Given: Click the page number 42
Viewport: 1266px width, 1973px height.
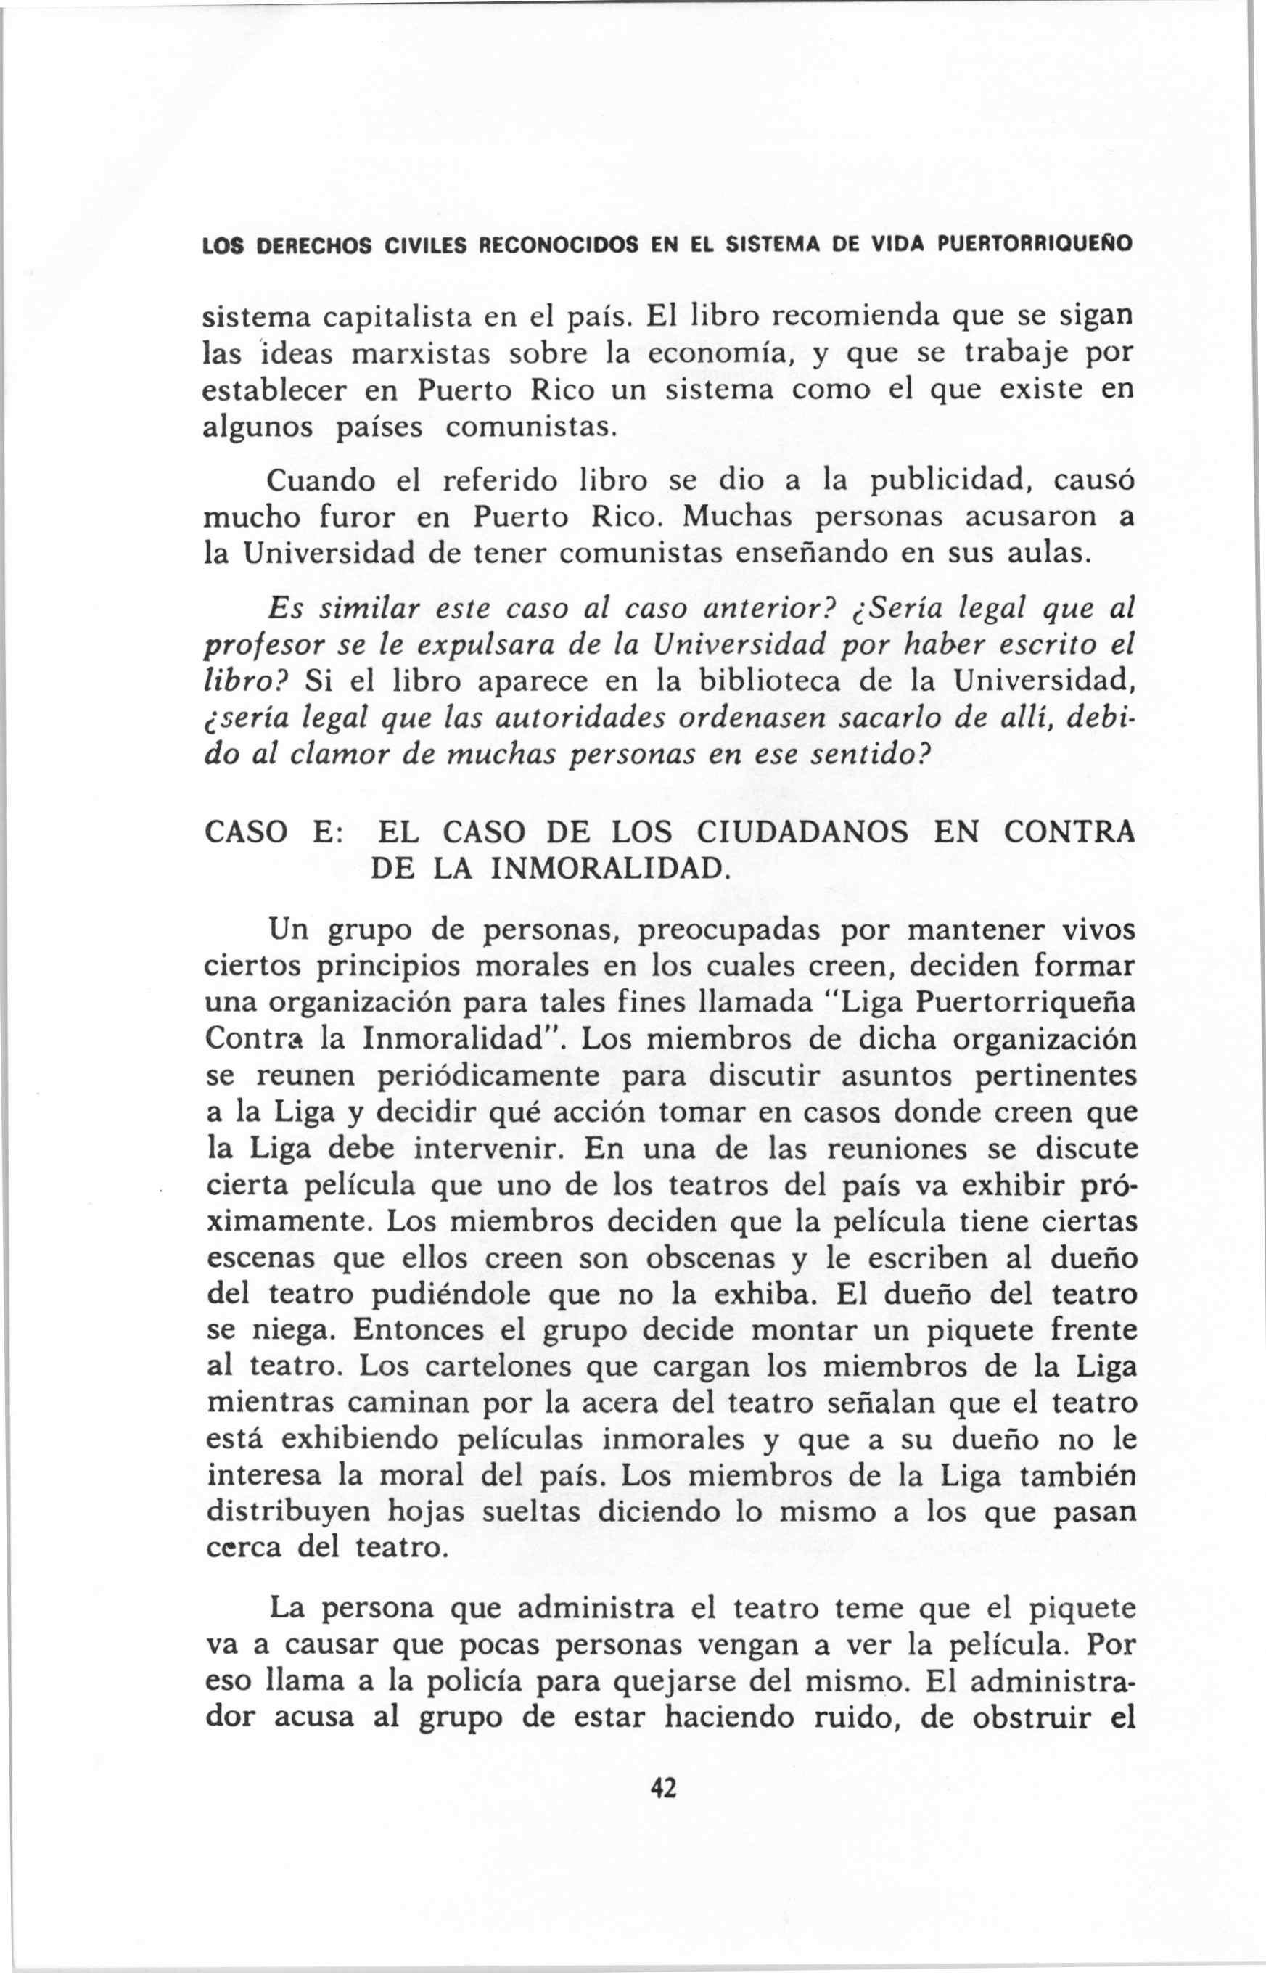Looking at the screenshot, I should tap(662, 1762).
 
